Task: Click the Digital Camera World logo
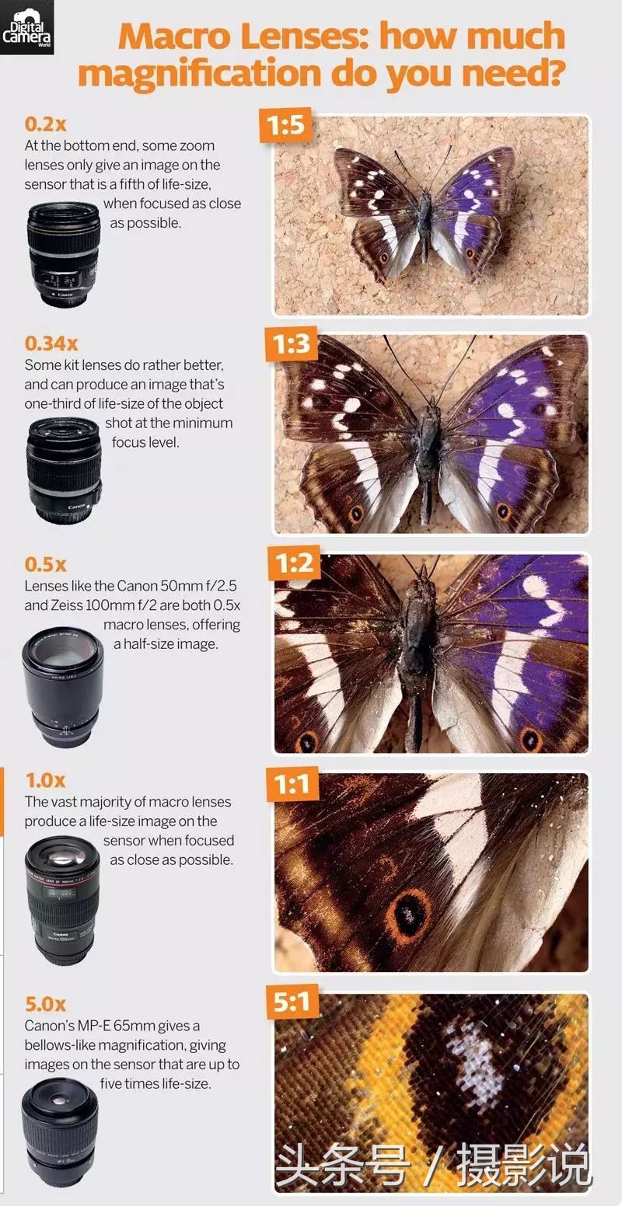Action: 27,27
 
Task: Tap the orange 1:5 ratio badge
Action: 286,125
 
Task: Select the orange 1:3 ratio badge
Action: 292,343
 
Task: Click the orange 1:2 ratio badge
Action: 294,563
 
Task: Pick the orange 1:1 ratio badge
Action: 292,784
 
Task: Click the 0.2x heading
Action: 46,124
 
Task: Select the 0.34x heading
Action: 51,343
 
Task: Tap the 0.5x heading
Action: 46,564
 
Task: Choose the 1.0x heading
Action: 46,780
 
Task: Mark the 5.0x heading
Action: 46,1004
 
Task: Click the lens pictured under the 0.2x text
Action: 64,255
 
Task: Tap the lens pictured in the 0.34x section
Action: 64,469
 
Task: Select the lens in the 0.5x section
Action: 62,687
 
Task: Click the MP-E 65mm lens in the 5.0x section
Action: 60,1131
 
